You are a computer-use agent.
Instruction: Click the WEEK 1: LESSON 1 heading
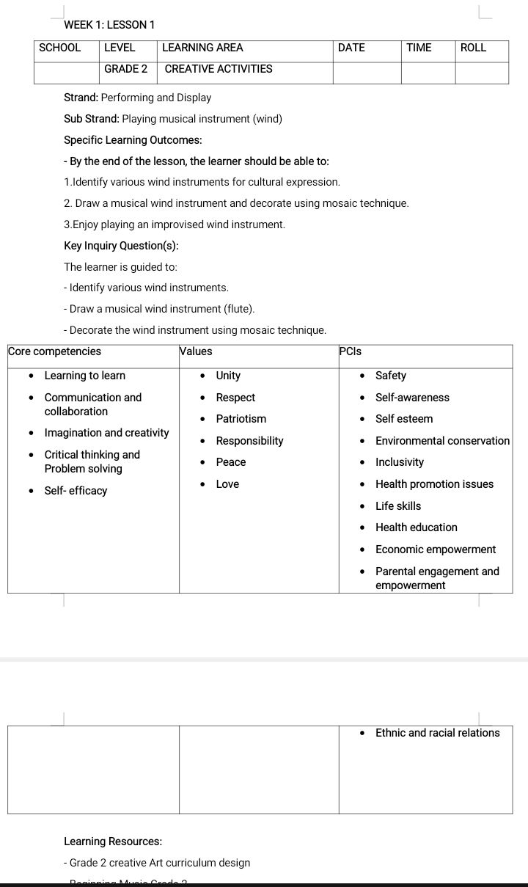pyautogui.click(x=109, y=25)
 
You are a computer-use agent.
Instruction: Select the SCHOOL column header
pyautogui.click(x=60, y=48)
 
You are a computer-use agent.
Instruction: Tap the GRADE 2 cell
pyautogui.click(x=126, y=69)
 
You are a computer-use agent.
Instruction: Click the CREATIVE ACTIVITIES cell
pyautogui.click(x=219, y=69)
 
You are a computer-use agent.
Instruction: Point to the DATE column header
pyautogui.click(x=351, y=48)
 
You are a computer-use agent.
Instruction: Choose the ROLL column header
pyautogui.click(x=473, y=48)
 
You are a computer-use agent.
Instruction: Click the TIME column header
pyautogui.click(x=419, y=48)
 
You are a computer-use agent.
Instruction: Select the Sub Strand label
pyautogui.click(x=92, y=119)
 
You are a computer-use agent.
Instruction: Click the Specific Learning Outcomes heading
pyautogui.click(x=133, y=140)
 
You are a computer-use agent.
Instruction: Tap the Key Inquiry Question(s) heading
pyautogui.click(x=121, y=246)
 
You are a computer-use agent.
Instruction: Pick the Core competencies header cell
pyautogui.click(x=55, y=351)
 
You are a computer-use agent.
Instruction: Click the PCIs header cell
pyautogui.click(x=351, y=351)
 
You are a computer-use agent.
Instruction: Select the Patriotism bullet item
pyautogui.click(x=241, y=419)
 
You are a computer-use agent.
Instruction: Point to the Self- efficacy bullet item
pyautogui.click(x=76, y=491)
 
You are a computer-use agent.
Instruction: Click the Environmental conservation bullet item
pyautogui.click(x=442, y=441)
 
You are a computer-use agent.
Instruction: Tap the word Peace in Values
pyautogui.click(x=231, y=462)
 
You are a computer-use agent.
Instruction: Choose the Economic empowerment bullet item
pyautogui.click(x=436, y=550)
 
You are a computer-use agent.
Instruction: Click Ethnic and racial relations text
pyautogui.click(x=437, y=733)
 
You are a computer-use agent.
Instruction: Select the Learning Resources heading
pyautogui.click(x=113, y=842)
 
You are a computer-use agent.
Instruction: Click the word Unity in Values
pyautogui.click(x=228, y=376)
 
